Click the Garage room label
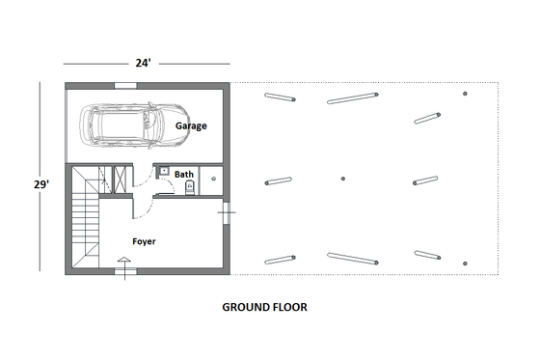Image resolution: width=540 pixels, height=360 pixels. tap(191, 125)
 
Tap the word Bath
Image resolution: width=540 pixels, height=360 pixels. tap(183, 175)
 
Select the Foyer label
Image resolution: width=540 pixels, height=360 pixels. tap(146, 241)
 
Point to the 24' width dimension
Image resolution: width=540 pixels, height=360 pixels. tap(143, 63)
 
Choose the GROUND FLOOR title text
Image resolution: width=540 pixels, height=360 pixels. tap(265, 308)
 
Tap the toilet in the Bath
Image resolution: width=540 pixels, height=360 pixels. tap(190, 188)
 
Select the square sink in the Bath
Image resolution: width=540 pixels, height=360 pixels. tap(164, 172)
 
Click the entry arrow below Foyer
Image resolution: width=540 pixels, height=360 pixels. tap(122, 261)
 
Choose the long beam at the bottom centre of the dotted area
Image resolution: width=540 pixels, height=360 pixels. tap(353, 258)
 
